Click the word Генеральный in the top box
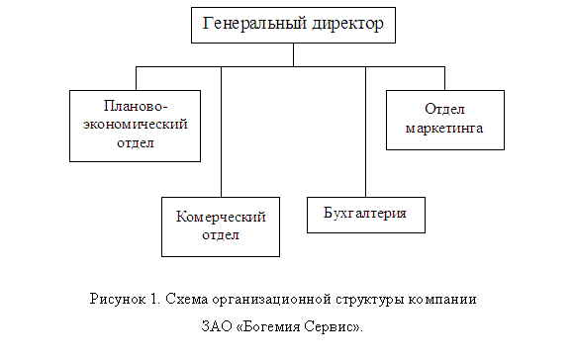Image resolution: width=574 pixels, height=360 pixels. pyautogui.click(x=254, y=24)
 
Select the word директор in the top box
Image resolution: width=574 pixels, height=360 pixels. pyautogui.click(x=347, y=25)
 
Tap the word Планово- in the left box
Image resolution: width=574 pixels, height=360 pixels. pyautogui.click(x=136, y=106)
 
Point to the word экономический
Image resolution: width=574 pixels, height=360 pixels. pyautogui.click(x=135, y=124)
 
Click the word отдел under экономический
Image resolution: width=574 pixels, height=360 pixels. pyautogui.click(x=136, y=142)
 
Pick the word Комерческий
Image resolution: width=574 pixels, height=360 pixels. pyautogui.click(x=221, y=217)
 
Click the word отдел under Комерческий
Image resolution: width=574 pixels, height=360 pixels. pyautogui.click(x=221, y=234)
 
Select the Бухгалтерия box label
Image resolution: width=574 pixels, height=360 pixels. pyautogui.click(x=365, y=213)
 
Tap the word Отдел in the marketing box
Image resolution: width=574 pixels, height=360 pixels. pyautogui.click(x=444, y=109)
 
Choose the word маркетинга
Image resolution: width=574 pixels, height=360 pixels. pyautogui.click(x=444, y=128)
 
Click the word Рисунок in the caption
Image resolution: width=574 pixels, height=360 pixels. pyautogui.click(x=118, y=299)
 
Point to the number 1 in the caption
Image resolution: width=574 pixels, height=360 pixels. pyautogui.click(x=154, y=299)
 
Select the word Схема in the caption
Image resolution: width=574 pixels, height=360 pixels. pyautogui.click(x=187, y=299)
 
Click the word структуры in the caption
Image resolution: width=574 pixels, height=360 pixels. pyautogui.click(x=370, y=300)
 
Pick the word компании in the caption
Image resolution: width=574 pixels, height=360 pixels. pyautogui.click(x=442, y=300)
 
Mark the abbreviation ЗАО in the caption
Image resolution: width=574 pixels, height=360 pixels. pyautogui.click(x=217, y=326)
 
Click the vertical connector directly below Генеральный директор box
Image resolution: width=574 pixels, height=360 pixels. pyautogui.click(x=293, y=54)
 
